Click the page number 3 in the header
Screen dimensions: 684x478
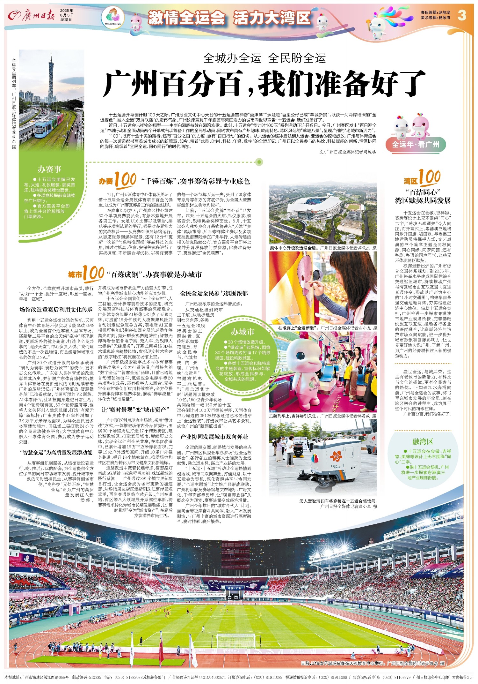pos(462,15)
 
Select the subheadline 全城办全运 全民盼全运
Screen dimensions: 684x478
pos(264,58)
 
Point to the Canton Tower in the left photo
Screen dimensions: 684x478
pos(50,78)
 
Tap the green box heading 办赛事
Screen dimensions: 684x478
pos(50,169)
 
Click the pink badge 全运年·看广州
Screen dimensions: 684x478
pos(416,144)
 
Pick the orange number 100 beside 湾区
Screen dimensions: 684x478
pos(430,177)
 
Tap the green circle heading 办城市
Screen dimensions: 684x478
pos(243,332)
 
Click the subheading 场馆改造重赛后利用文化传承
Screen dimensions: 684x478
pos(56,309)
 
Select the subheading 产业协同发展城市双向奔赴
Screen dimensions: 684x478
pos(214,436)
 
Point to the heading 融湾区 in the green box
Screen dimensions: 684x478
pos(423,441)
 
